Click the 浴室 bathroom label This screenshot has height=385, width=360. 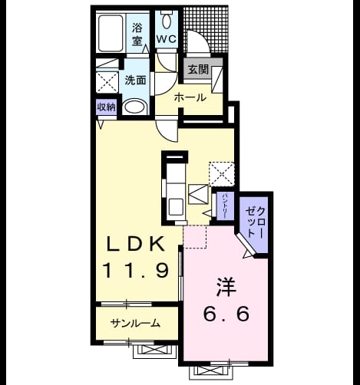click(137, 34)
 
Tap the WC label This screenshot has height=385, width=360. click(167, 39)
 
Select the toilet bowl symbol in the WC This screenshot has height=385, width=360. click(167, 19)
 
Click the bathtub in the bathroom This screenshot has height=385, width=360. click(111, 33)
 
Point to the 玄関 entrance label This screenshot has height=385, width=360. click(199, 69)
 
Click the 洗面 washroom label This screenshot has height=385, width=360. click(135, 81)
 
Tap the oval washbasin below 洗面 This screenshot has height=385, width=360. click(134, 107)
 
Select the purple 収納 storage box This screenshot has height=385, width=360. click(107, 107)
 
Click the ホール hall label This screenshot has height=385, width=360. click(190, 97)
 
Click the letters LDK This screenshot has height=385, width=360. click(135, 245)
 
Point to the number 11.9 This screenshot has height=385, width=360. click(135, 271)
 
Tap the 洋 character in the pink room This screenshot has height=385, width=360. click(226, 287)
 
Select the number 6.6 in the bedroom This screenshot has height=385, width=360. click(226, 314)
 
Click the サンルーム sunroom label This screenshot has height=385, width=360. click(135, 324)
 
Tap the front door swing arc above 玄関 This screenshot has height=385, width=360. click(199, 40)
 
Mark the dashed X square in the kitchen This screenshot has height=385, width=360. click(222, 174)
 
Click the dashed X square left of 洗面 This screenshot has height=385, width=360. click(107, 82)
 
